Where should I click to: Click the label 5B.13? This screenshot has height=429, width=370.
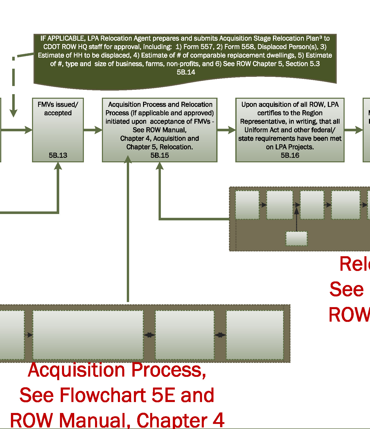(58, 155)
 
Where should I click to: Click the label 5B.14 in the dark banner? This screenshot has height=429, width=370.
(186, 72)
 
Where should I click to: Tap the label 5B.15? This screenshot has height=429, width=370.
(160, 155)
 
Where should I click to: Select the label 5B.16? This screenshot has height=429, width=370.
(290, 155)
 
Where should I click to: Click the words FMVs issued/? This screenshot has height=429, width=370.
(58, 105)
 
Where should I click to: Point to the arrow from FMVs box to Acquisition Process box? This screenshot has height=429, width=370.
(93, 130)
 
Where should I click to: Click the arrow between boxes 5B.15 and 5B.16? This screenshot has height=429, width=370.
(226, 130)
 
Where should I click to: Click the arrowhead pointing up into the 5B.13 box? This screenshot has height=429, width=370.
(58, 166)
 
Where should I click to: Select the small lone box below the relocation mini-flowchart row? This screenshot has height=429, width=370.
(296, 238)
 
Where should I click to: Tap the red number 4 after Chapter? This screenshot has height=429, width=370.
(218, 420)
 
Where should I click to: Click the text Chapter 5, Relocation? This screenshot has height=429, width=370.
(160, 147)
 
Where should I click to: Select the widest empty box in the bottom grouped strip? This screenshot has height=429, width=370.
(88, 335)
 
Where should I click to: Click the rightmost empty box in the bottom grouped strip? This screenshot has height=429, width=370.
(255, 335)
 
